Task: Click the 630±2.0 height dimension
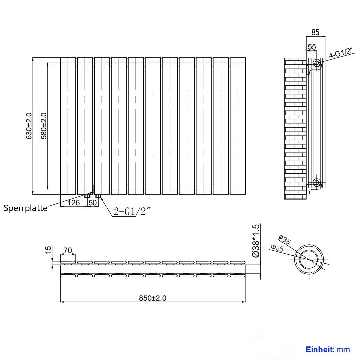click(x=29, y=126)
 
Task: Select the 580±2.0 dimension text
click(x=44, y=126)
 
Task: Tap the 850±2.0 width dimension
click(x=153, y=298)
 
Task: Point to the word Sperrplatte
click(x=26, y=208)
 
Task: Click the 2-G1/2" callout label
click(x=133, y=211)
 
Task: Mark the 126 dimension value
click(x=73, y=203)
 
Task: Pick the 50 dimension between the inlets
click(x=93, y=203)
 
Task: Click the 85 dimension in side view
click(x=315, y=32)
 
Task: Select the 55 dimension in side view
click(x=312, y=47)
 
